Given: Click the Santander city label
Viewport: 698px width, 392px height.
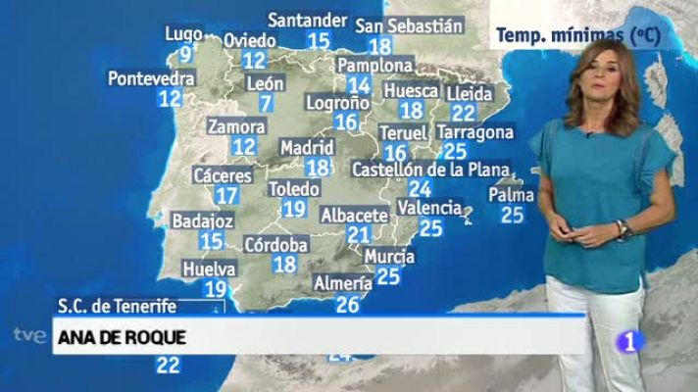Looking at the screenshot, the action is click(307, 20).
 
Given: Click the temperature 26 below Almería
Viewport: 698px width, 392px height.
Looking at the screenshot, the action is click(347, 304).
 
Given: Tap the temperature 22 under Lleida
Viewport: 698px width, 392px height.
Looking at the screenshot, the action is click(464, 113).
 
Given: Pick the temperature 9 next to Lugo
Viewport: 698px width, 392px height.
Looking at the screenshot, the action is click(185, 52).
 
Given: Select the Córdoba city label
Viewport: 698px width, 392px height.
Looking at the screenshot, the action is click(275, 244).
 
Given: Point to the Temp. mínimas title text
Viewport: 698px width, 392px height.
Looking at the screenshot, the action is click(575, 35).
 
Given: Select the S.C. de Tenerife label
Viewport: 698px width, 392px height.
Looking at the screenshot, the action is click(116, 307).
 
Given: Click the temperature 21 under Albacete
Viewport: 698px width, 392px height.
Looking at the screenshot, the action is click(359, 234).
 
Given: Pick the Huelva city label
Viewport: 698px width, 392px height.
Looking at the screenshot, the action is click(209, 269).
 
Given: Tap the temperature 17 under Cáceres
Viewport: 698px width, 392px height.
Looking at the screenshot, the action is click(227, 195).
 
